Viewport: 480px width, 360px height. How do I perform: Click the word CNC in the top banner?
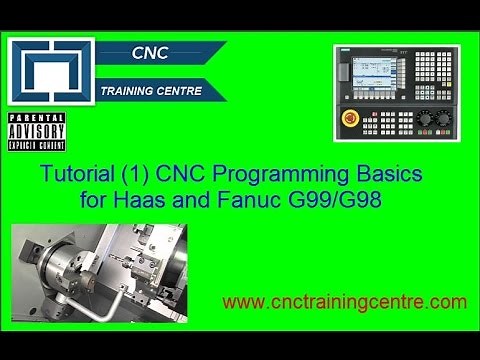point(149,52)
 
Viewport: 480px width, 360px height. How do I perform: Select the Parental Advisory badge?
point(36,131)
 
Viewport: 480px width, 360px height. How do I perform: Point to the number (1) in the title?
point(152,174)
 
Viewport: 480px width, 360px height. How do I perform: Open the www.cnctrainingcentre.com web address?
point(344,301)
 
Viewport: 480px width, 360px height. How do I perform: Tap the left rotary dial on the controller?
point(423,117)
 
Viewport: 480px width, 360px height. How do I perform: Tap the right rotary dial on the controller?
point(445,117)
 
